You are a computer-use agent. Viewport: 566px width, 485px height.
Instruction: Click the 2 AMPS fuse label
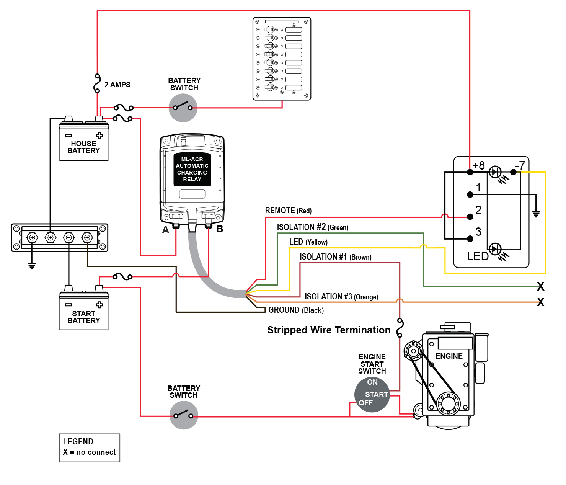pyautogui.click(x=117, y=85)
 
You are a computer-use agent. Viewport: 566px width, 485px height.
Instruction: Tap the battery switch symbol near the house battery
pyautogui.click(x=183, y=108)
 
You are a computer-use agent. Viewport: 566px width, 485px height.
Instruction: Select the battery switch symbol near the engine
pyautogui.click(x=184, y=415)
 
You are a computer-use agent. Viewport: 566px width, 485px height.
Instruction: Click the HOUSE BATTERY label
pyautogui.click(x=83, y=147)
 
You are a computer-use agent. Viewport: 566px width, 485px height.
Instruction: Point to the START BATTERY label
pyautogui.click(x=83, y=317)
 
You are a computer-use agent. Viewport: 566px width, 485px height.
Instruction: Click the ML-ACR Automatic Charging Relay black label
pyautogui.click(x=192, y=169)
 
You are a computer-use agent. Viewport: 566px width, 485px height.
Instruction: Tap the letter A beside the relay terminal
pyautogui.click(x=165, y=230)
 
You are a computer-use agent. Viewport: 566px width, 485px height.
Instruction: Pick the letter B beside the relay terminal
pyautogui.click(x=220, y=229)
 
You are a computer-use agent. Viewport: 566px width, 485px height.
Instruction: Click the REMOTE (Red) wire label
pyautogui.click(x=288, y=211)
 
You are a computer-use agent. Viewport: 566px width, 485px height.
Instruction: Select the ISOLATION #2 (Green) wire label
pyautogui.click(x=312, y=227)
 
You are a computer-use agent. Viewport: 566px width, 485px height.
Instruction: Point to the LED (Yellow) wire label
pyautogui.click(x=308, y=242)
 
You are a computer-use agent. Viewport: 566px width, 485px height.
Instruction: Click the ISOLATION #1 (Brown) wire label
pyautogui.click(x=335, y=257)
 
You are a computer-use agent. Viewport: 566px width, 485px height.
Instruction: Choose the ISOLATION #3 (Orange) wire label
pyautogui.click(x=341, y=297)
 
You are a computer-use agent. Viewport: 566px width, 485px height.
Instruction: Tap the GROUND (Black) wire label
pyautogui.click(x=296, y=310)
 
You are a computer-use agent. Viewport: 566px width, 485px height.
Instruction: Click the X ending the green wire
pyautogui.click(x=540, y=286)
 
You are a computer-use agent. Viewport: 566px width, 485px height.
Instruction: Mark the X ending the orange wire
pyautogui.click(x=540, y=302)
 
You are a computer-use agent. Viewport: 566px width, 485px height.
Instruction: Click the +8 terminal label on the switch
pyautogui.click(x=478, y=165)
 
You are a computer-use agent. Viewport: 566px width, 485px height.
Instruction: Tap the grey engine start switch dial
pyautogui.click(x=372, y=395)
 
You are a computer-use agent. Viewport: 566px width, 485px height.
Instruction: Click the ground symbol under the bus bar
pyautogui.click(x=32, y=265)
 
